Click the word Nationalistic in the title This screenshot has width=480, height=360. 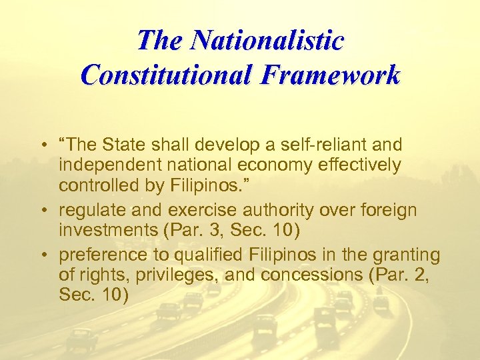tap(267, 41)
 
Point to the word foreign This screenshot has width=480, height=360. tap(391, 210)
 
